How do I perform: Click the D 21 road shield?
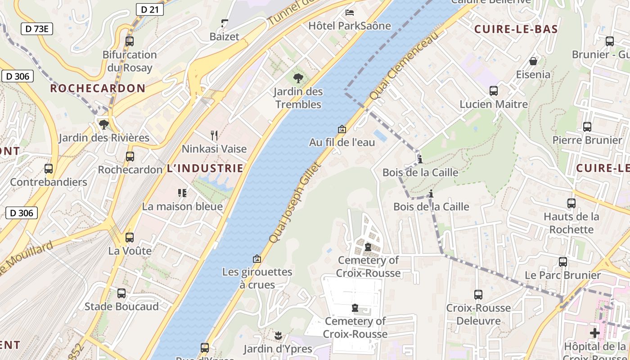tap(149, 9)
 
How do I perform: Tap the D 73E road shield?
tap(37, 29)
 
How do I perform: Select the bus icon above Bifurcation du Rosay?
tap(130, 41)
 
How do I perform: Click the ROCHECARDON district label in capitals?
tap(98, 88)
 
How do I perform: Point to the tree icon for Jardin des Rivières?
tap(104, 124)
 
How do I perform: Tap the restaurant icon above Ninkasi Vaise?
tap(214, 135)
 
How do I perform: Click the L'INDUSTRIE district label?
tap(205, 169)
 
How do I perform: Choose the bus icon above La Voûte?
tap(130, 237)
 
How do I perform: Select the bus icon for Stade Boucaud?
tap(121, 293)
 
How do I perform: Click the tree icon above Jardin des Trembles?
tap(298, 78)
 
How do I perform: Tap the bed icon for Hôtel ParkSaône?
tap(350, 12)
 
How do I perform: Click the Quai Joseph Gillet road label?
tap(295, 203)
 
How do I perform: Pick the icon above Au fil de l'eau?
tap(342, 129)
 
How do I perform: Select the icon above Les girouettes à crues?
tap(257, 259)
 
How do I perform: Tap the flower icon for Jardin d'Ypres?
tap(278, 335)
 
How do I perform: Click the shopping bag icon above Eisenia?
tap(533, 61)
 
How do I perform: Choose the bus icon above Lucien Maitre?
tap(494, 91)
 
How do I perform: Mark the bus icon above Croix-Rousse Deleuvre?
tap(478, 295)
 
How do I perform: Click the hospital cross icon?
tap(595, 333)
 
